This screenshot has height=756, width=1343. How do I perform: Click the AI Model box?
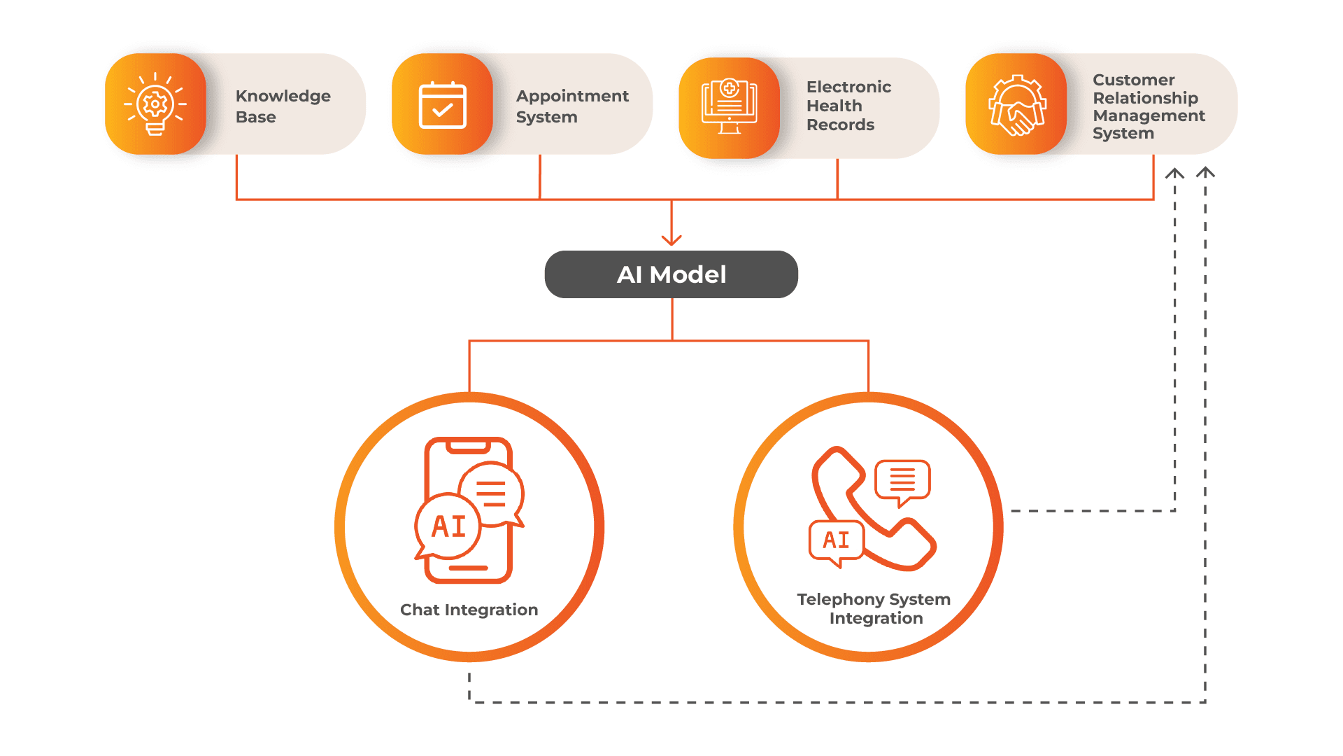(x=671, y=274)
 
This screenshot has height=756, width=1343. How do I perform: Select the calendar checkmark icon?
(x=442, y=105)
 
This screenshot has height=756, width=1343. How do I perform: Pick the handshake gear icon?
(x=1016, y=105)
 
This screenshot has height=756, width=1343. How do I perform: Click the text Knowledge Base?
(x=283, y=106)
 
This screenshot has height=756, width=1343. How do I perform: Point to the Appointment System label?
(x=571, y=106)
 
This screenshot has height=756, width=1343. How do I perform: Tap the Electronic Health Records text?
(x=848, y=106)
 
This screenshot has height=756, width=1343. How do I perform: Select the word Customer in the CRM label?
(x=1133, y=80)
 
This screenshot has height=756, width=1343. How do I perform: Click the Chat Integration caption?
(x=469, y=610)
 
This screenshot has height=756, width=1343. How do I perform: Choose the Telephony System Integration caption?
(x=874, y=608)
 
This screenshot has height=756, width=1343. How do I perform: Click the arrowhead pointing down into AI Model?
(x=671, y=240)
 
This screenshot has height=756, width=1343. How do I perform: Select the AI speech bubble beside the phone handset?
(x=836, y=540)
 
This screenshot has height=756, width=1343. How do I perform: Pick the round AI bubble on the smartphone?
(x=448, y=526)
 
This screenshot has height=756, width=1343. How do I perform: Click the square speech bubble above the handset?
(x=902, y=480)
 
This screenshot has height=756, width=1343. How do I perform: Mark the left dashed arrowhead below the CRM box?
(x=1174, y=173)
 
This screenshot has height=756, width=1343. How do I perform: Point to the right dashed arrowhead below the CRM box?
(x=1205, y=172)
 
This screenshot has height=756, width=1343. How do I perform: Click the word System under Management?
(x=1123, y=133)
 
